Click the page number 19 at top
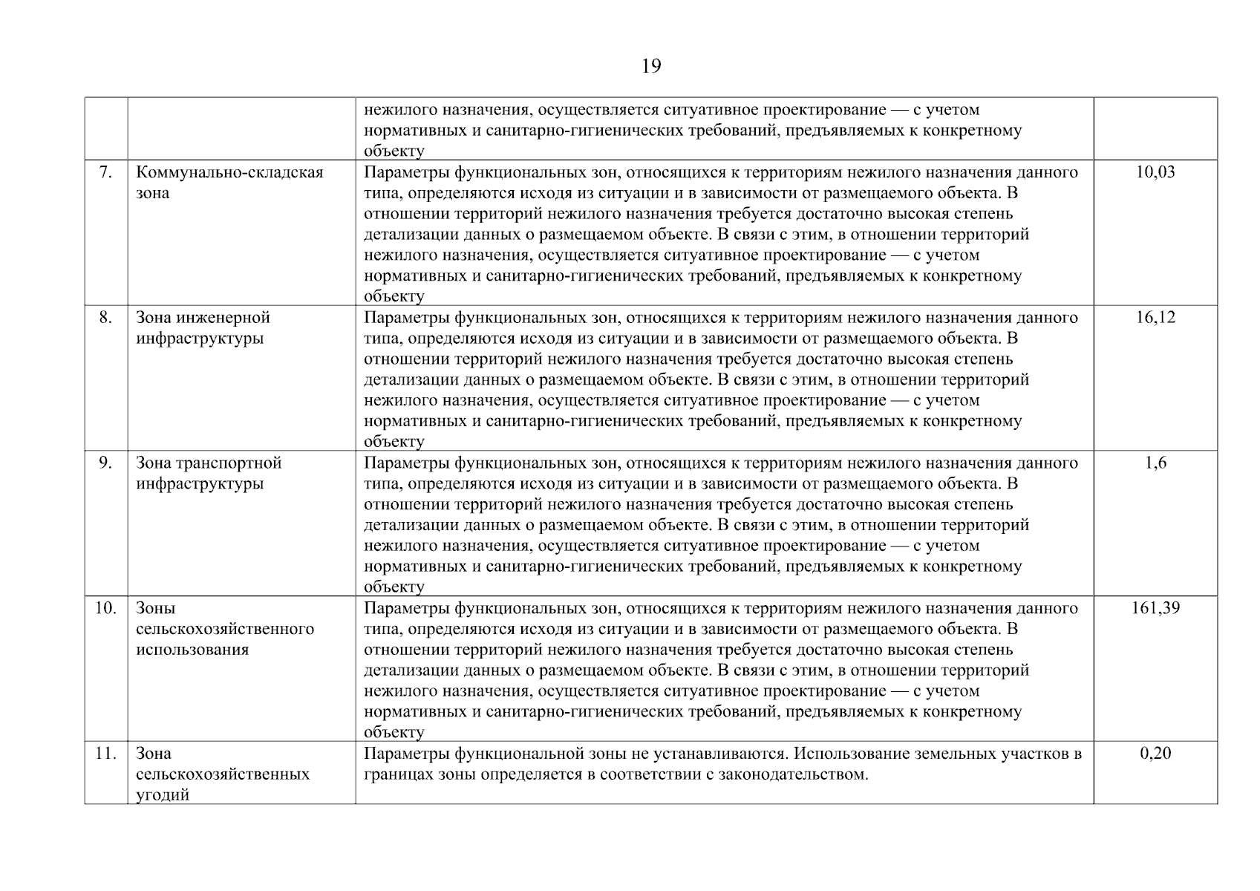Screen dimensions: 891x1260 (650, 67)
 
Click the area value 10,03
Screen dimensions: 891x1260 (1155, 172)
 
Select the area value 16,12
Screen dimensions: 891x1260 (1155, 318)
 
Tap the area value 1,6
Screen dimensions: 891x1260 (1155, 463)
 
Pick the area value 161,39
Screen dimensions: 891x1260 (1155, 609)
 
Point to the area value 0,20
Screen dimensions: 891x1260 (1155, 754)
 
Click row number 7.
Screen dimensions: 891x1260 (105, 172)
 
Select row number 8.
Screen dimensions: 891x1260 (105, 318)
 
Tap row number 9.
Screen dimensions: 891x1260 (105, 463)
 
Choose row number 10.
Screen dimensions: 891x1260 (105, 609)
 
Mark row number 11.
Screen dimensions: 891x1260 (105, 754)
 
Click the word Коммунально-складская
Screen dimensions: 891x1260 (229, 172)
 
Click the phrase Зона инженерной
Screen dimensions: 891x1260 (203, 318)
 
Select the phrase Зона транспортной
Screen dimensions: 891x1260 (209, 463)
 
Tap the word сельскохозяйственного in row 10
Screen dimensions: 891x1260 (225, 630)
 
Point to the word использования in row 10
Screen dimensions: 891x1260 (192, 650)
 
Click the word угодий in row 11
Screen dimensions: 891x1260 (163, 795)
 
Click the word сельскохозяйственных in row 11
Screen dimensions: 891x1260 (223, 774)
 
